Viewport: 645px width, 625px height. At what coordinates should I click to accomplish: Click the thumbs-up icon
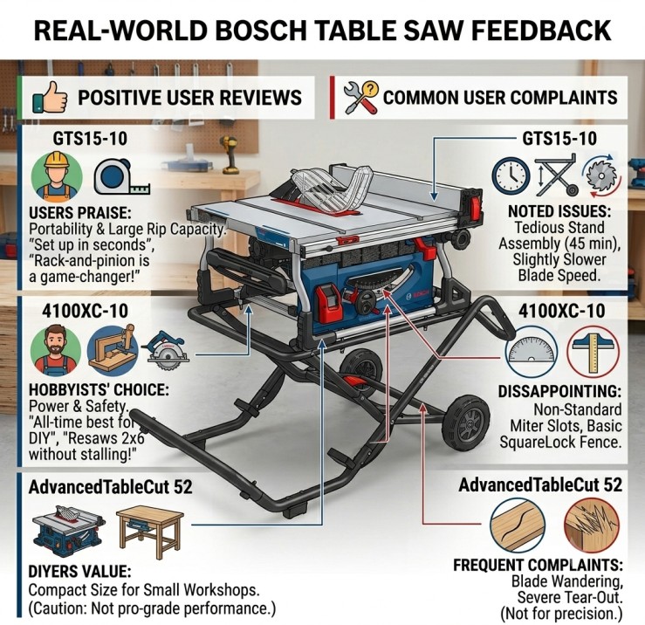(50, 98)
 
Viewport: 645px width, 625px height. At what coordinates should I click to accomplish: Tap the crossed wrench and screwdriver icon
(360, 98)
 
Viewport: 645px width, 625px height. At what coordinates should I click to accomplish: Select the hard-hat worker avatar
(57, 175)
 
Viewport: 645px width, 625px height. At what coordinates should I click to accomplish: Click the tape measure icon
(122, 177)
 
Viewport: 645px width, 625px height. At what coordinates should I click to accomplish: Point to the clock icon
(511, 176)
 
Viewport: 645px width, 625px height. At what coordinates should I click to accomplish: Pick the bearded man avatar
(56, 350)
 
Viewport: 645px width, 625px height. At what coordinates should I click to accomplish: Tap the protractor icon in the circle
(531, 351)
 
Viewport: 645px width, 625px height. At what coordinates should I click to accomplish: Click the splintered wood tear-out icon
(592, 525)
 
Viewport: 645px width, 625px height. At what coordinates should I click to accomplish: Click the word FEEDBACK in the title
(542, 30)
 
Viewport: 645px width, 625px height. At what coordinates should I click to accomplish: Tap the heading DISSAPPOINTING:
(559, 391)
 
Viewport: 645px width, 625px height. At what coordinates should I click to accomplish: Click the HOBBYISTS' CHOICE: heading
(99, 389)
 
